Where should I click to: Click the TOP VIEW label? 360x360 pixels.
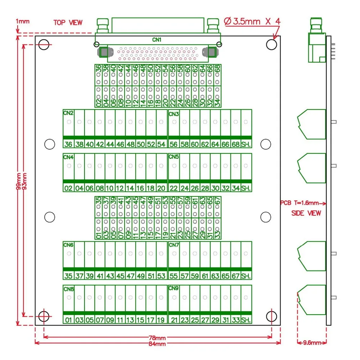pos(68,22)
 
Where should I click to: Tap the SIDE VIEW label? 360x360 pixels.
pos(306,213)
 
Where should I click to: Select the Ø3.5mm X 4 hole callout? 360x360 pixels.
pos(252,21)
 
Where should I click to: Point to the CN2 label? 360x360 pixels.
pos(68,113)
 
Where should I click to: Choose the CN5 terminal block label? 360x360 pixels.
pos(174,157)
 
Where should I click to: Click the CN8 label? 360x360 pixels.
pos(68,289)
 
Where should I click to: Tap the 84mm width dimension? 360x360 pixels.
pos(157,344)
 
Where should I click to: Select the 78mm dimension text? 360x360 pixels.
pos(157,338)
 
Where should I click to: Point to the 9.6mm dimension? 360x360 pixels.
pos(312,343)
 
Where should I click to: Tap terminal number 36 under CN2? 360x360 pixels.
pos(68,144)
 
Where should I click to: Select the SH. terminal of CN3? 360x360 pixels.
pos(246,144)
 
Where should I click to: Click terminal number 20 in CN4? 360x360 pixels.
pos(161,188)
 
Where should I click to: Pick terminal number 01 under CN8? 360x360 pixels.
pos(68,320)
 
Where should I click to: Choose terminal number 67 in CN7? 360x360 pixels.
pos(236,276)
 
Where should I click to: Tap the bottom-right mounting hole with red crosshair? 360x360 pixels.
pos(271,316)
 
